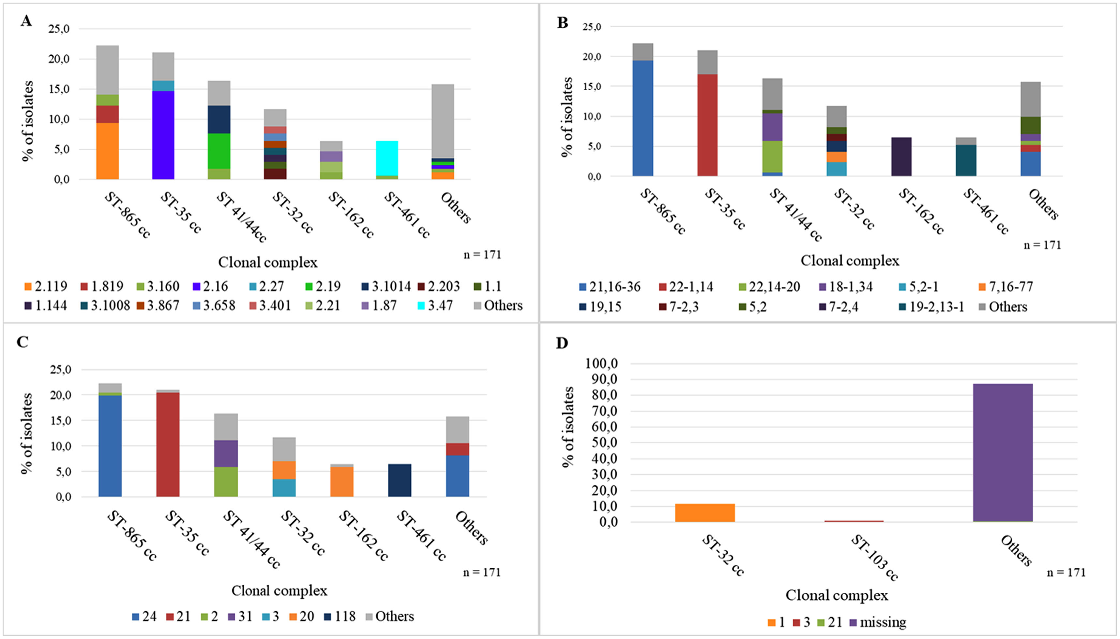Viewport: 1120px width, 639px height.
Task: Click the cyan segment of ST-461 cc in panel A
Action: pyautogui.click(x=387, y=158)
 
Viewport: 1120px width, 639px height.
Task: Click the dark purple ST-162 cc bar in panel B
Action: pyautogui.click(x=901, y=157)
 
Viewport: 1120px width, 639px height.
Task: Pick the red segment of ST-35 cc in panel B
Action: pyautogui.click(x=707, y=125)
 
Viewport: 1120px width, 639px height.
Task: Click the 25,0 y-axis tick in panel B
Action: pyautogui.click(x=592, y=27)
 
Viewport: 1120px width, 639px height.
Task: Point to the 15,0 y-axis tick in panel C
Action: pyautogui.click(x=60, y=420)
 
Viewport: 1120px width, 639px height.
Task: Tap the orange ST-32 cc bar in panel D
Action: pyautogui.click(x=704, y=513)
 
